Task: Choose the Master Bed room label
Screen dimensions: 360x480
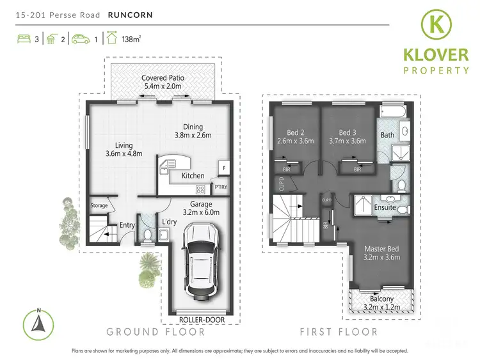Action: [x=381, y=249]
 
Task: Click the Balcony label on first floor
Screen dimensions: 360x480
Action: [x=382, y=298]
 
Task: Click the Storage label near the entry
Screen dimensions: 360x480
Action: [x=99, y=206]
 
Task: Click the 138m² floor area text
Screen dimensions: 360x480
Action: [x=132, y=38]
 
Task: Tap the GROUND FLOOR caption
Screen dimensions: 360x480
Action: [x=156, y=332]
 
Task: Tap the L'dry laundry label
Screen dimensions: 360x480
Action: [x=169, y=222]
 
